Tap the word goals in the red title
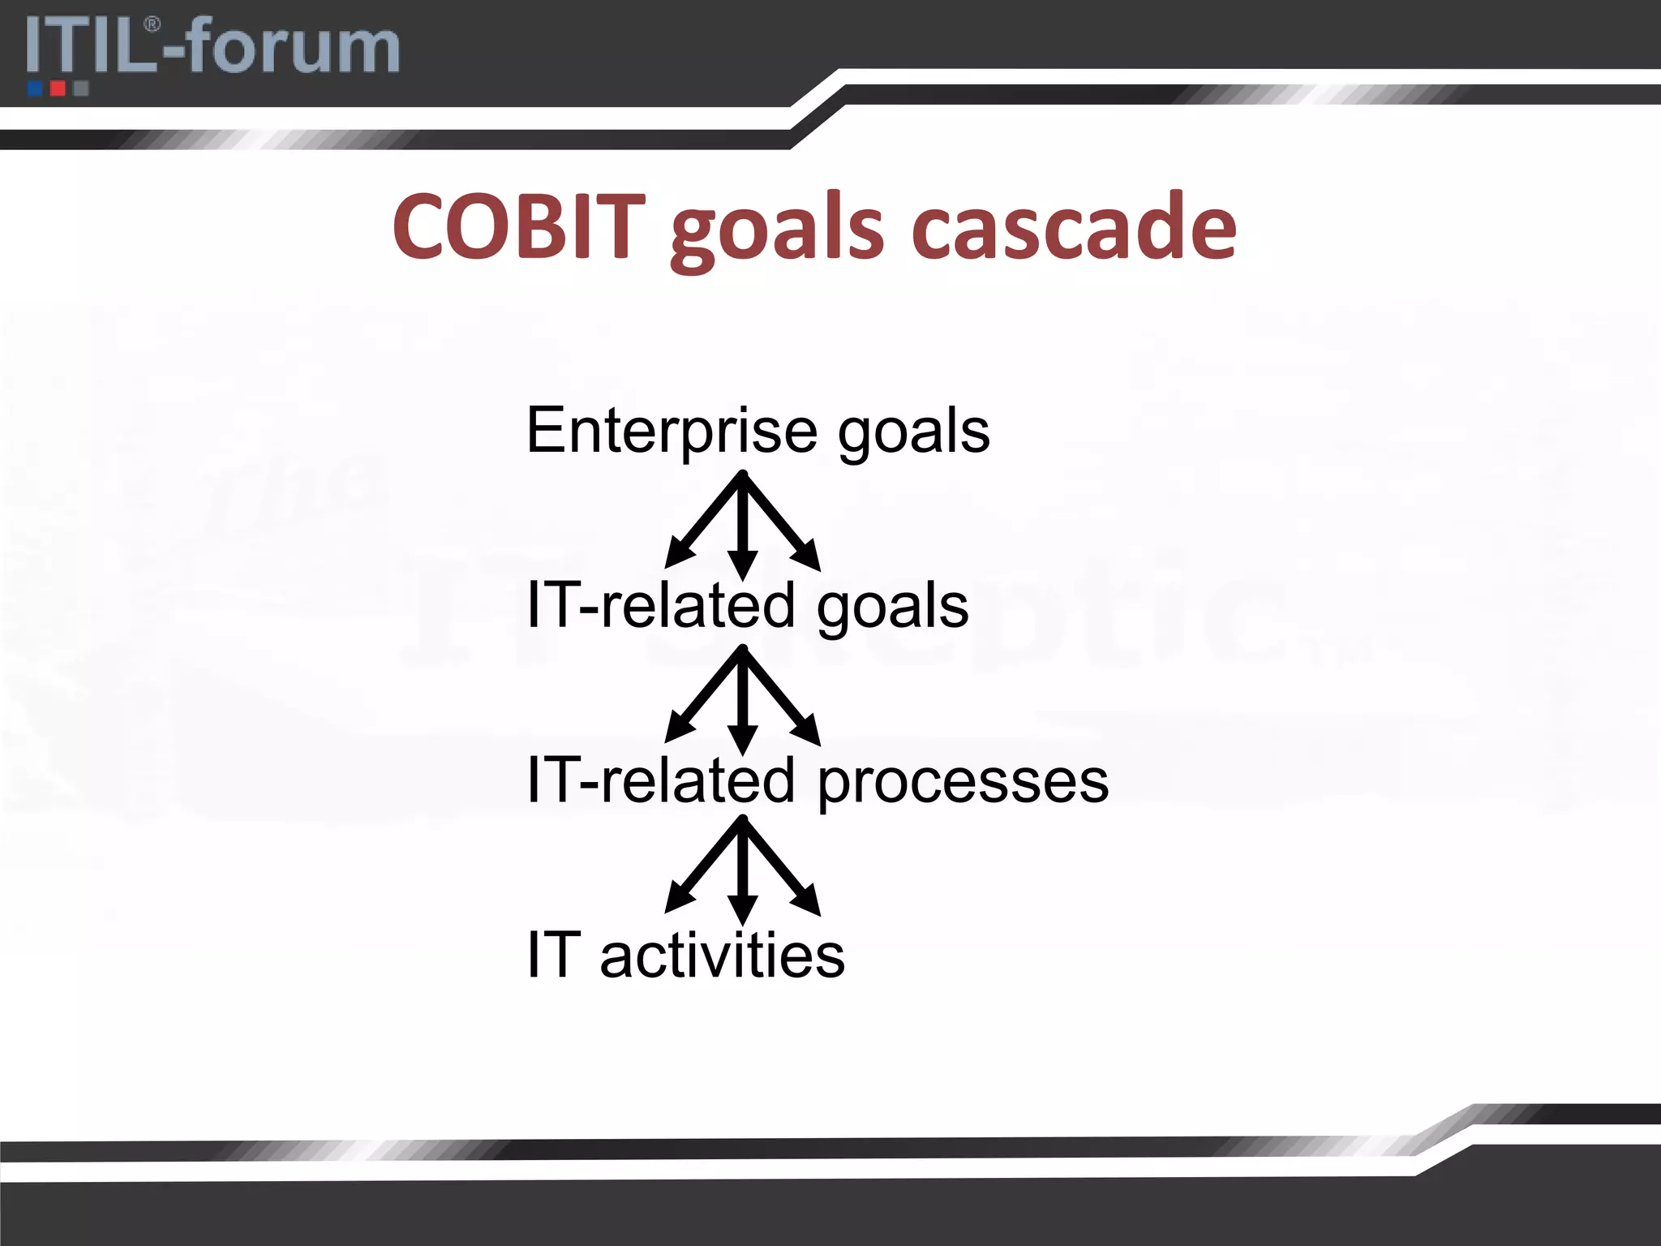click(x=777, y=231)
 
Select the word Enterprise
click(x=672, y=432)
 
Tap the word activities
click(x=722, y=956)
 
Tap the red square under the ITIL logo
click(x=58, y=88)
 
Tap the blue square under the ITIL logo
click(x=35, y=88)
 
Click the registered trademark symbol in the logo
click(x=152, y=25)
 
